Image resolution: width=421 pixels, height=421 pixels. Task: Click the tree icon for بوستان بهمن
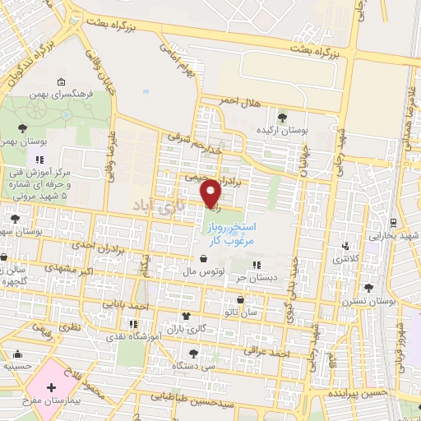[x=22, y=127]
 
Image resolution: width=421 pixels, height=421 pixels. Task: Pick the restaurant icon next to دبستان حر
[x=257, y=265]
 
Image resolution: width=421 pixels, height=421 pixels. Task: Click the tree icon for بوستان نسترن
[x=368, y=288]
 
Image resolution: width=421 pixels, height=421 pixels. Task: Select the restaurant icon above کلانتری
[x=346, y=245]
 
